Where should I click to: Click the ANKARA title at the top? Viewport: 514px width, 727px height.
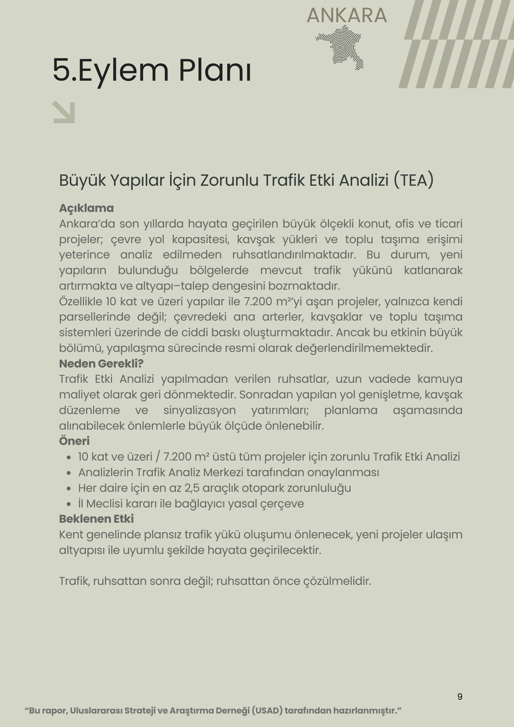pos(346,16)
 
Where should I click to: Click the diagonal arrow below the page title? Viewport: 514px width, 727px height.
pos(64,112)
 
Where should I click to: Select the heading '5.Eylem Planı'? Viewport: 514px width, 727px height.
pos(152,70)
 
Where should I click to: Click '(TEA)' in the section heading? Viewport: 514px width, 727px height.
pos(414,180)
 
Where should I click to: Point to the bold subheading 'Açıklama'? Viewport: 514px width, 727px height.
pos(86,208)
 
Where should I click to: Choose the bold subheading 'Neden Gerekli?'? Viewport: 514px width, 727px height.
pos(101,363)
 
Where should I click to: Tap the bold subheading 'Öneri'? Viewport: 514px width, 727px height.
pos(74,441)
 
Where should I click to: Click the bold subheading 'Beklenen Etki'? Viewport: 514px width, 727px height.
pos(96,519)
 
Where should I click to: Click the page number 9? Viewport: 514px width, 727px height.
pos(460,696)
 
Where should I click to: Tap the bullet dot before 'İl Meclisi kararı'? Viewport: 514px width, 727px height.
pos(69,504)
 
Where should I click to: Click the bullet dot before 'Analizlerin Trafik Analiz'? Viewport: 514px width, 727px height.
pos(69,473)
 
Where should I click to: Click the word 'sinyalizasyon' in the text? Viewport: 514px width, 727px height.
pos(200,410)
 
